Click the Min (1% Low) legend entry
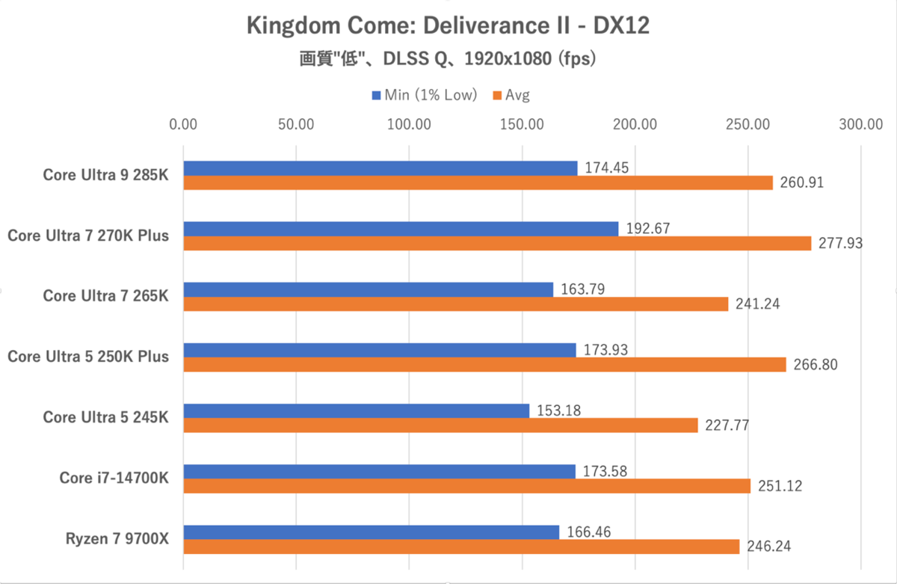[424, 95]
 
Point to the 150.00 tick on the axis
[522, 124]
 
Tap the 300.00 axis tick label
[860, 124]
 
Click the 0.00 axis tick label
[183, 124]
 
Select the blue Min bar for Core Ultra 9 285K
[380, 168]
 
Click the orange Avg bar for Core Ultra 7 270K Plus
[497, 243]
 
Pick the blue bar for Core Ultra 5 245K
[356, 411]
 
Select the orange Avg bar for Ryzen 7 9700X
[461, 547]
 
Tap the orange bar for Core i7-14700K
[466, 486]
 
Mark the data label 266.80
[813, 365]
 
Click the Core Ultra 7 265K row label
[105, 296]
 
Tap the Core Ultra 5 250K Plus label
[88, 357]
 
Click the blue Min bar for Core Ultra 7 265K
[368, 289]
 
